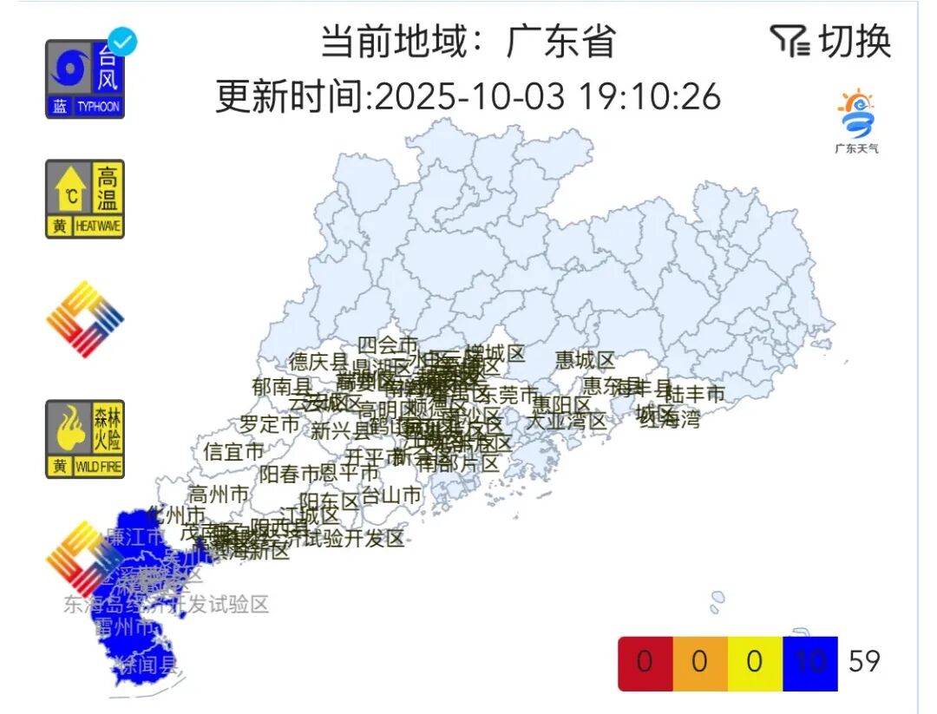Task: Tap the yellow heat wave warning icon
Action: click(85, 199)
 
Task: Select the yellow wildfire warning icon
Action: click(85, 439)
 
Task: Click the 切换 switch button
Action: click(831, 41)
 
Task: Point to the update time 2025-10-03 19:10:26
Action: click(468, 96)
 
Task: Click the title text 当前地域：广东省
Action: click(468, 41)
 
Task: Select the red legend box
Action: click(645, 663)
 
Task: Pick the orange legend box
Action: click(699, 663)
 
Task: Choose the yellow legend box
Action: click(754, 663)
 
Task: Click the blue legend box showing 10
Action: click(809, 663)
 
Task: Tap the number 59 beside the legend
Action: click(864, 662)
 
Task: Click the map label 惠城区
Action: click(585, 359)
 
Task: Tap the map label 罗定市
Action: click(270, 425)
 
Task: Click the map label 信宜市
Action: click(233, 452)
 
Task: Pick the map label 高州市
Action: click(219, 495)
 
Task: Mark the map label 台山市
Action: click(391, 495)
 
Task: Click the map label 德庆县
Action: click(318, 362)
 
